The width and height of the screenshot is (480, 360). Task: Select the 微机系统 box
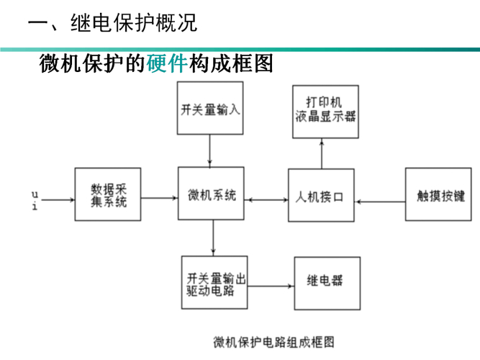point(211,196)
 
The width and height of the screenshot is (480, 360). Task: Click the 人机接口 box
point(322,196)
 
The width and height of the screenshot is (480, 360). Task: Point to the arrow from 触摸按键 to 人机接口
point(380,202)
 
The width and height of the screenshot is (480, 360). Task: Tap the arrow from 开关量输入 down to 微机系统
point(209,150)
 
